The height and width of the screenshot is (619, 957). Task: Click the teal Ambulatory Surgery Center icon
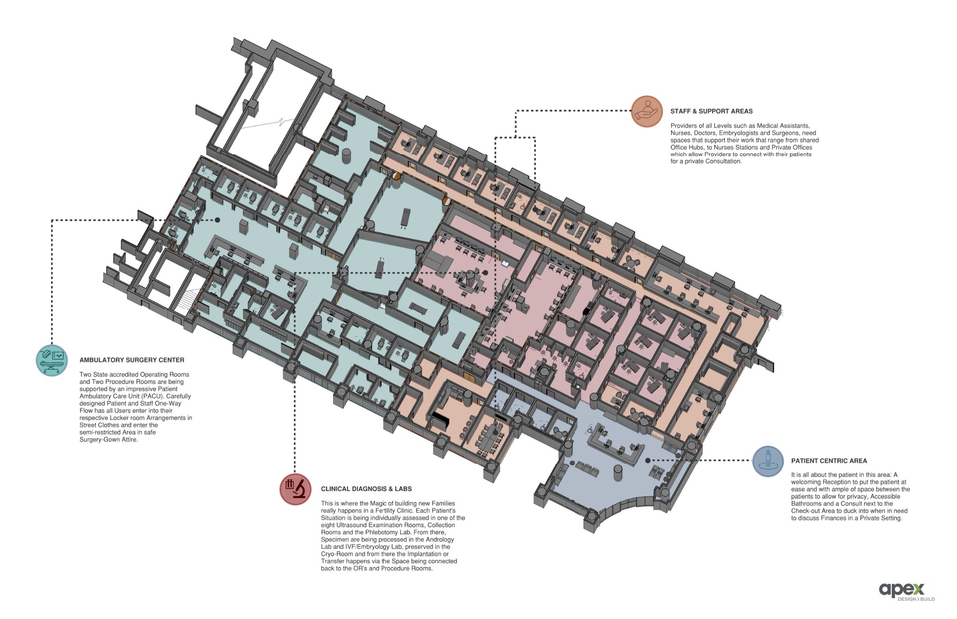tap(52, 360)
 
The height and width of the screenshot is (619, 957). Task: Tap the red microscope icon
tap(296, 489)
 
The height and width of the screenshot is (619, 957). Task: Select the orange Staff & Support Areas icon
tap(647, 112)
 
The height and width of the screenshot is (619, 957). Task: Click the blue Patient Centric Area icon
tap(768, 461)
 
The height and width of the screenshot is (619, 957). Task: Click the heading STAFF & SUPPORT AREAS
tap(711, 112)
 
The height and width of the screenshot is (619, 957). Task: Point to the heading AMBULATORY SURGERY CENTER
tap(132, 360)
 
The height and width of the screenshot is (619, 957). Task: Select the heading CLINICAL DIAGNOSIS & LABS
tap(366, 489)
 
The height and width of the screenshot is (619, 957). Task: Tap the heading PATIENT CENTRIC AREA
tap(829, 461)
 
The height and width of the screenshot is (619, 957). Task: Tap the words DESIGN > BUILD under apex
tap(916, 599)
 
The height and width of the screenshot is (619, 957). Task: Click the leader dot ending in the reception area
tap(648, 460)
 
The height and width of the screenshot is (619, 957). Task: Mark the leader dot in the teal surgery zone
tap(217, 220)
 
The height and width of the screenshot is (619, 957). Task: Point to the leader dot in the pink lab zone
tap(485, 272)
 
